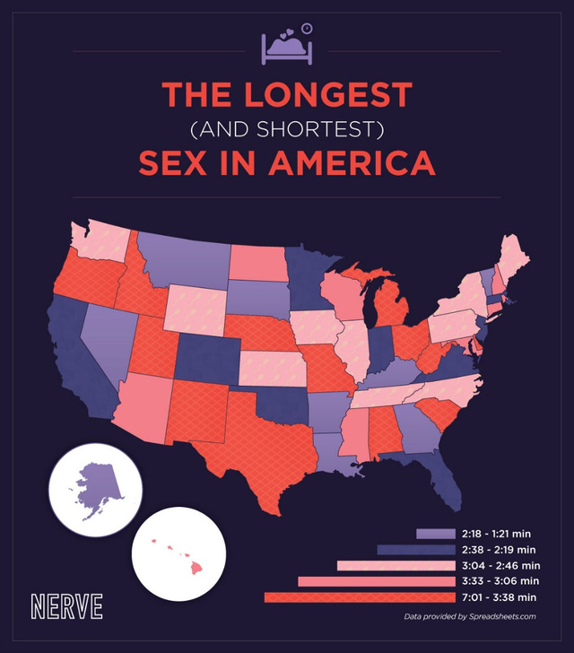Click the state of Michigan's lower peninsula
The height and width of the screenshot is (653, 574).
pos(391,309)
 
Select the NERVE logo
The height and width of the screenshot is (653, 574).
pos(66,605)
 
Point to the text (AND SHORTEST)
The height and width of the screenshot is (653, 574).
pos(287,130)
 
